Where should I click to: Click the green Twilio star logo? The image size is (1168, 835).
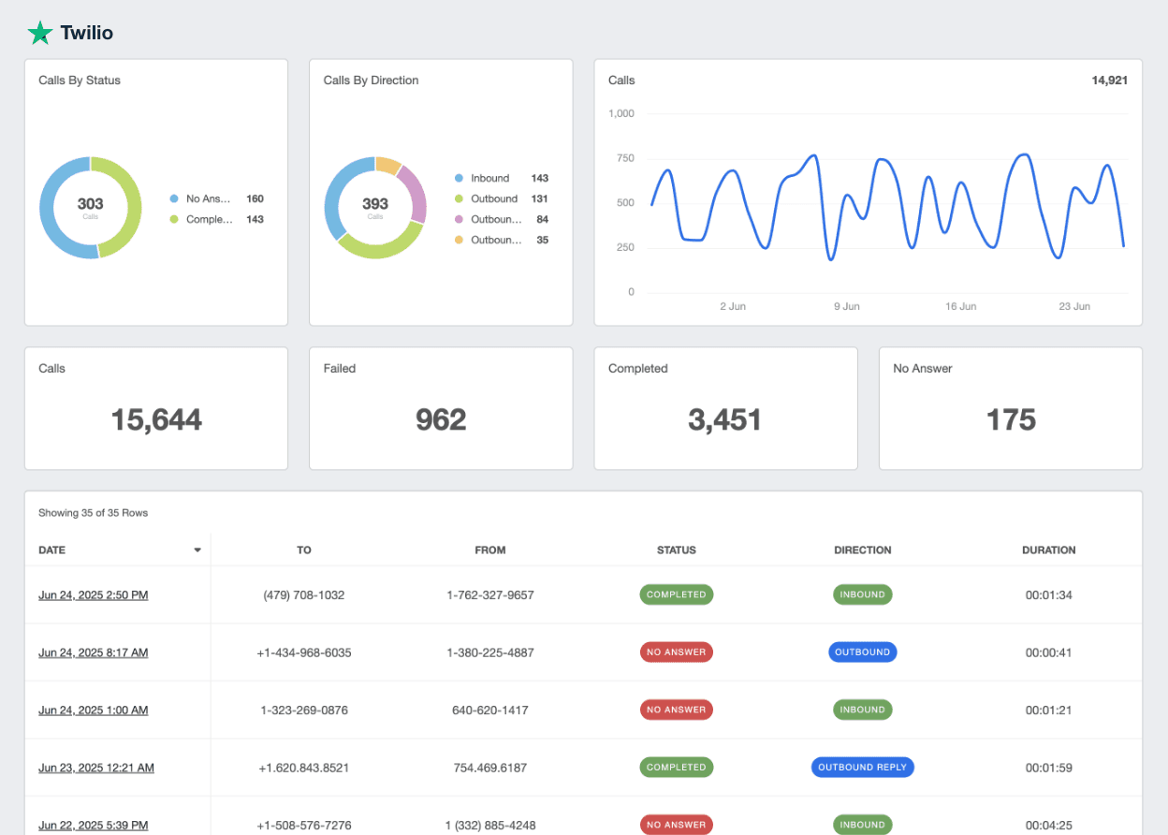coord(40,33)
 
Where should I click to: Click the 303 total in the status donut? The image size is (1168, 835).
coord(91,204)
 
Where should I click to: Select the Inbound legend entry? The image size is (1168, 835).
coord(489,178)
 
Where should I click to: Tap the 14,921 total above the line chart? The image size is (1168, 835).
coord(1109,81)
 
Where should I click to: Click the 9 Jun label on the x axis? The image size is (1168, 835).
coord(846,306)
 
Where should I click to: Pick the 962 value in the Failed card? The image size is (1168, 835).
coord(441,419)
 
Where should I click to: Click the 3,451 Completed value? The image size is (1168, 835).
coord(725,419)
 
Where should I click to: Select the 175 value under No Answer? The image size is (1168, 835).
coord(1011,419)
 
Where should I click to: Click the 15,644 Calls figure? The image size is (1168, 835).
coord(156,419)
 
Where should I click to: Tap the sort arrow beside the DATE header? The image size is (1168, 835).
coord(197,550)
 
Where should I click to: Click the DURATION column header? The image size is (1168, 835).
coord(1048,550)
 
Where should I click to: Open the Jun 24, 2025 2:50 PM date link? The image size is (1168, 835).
coord(93,594)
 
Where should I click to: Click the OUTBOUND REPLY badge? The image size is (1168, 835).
coord(862,767)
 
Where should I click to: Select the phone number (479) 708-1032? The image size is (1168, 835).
coord(304,594)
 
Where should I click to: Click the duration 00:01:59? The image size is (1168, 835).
coord(1048,768)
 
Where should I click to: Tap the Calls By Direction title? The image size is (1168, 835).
coord(371,81)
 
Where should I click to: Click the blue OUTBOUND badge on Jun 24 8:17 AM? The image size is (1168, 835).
coord(862,652)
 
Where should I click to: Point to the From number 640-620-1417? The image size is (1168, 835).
coord(489,710)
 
